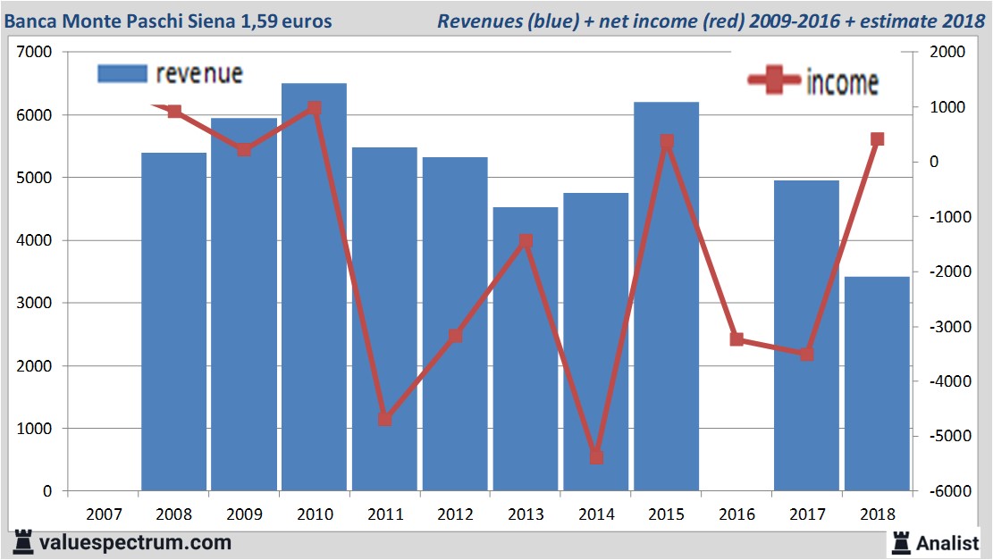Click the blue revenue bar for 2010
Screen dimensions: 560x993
[x=314, y=286]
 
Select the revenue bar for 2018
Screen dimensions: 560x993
[x=876, y=384]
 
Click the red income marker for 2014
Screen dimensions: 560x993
[x=596, y=457]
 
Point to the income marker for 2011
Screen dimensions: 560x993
[x=384, y=418]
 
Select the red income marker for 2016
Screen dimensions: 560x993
[x=736, y=339]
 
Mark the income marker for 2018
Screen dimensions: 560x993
[x=877, y=139]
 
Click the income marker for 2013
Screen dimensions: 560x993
[x=526, y=241]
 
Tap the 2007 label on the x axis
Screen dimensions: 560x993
[x=104, y=514]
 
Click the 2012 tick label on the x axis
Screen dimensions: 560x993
[x=455, y=514]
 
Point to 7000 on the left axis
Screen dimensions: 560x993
[x=35, y=53]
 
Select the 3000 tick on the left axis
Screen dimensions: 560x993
[x=35, y=304]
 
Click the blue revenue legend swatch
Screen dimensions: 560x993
[x=122, y=74]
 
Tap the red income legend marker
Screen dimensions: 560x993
[x=773, y=80]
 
